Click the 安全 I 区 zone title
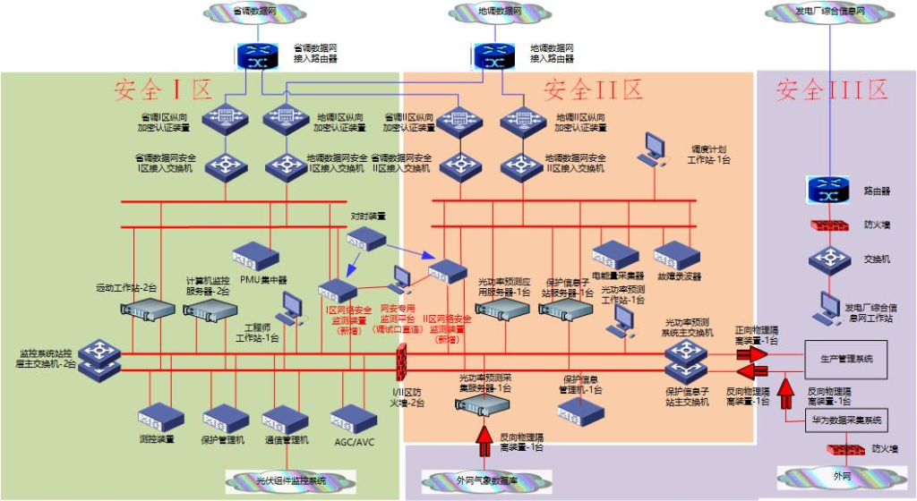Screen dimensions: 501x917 [162, 89]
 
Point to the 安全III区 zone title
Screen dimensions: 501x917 [832, 89]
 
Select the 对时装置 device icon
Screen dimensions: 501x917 [365, 238]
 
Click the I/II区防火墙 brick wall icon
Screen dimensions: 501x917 [402, 363]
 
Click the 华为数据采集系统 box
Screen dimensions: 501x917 [846, 420]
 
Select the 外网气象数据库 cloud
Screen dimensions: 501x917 [484, 480]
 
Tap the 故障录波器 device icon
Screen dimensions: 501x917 [677, 256]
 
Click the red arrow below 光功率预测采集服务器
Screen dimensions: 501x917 [484, 439]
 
